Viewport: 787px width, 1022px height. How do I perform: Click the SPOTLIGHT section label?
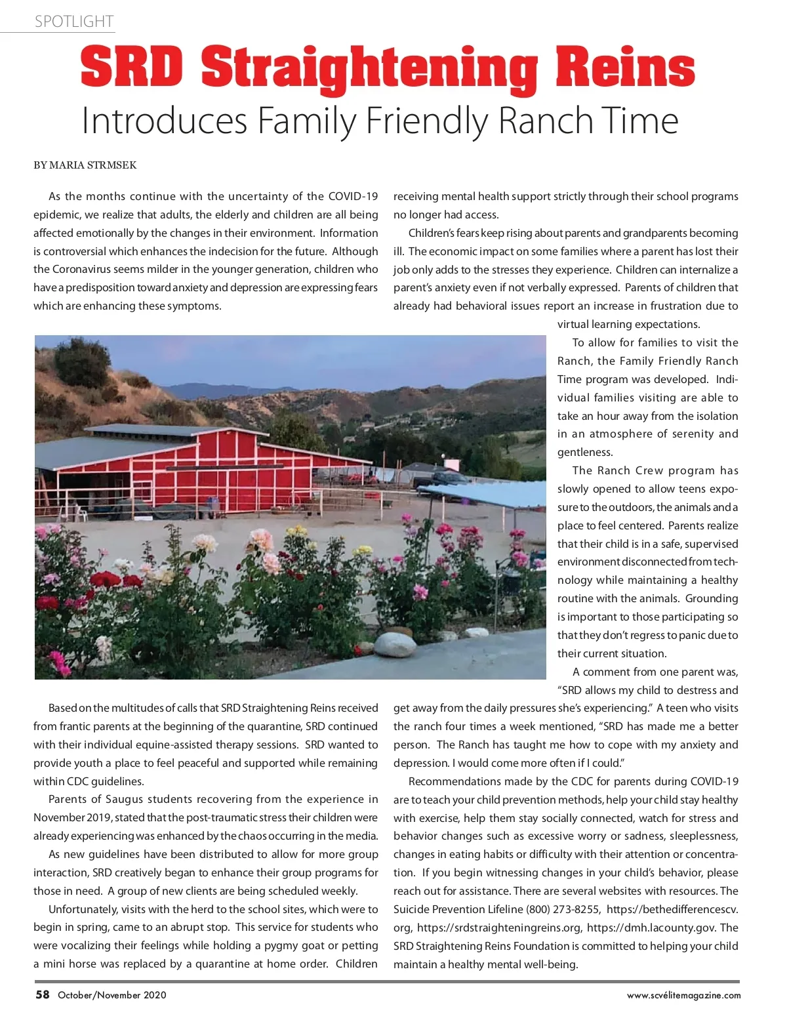coord(74,22)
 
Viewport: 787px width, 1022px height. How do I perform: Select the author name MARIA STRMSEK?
coord(92,165)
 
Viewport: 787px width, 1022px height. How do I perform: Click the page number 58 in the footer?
coord(43,994)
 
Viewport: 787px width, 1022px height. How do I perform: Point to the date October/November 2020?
coord(112,995)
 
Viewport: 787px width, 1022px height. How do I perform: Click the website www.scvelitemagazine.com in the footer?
coord(683,995)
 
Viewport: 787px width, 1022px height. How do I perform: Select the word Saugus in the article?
coord(125,799)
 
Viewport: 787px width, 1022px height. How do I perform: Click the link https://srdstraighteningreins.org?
coord(499,928)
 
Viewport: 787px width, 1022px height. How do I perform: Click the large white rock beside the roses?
coord(395,645)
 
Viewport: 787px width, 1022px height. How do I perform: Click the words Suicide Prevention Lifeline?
coord(458,909)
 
